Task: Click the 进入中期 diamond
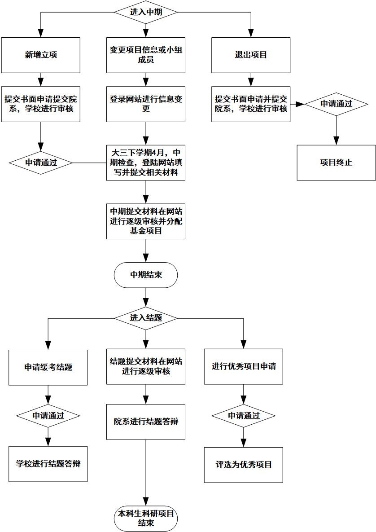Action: (x=146, y=13)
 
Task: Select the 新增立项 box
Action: (x=40, y=55)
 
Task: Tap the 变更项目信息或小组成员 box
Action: (x=146, y=55)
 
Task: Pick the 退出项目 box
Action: (x=251, y=55)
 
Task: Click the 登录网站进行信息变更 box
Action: (x=146, y=104)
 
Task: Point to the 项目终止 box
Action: (x=336, y=163)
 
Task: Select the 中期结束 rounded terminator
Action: (x=146, y=274)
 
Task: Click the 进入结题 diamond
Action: (x=146, y=317)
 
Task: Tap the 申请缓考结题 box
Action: (x=48, y=367)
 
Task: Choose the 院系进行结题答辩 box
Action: (x=146, y=422)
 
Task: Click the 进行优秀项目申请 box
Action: (x=244, y=366)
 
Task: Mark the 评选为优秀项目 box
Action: (x=244, y=465)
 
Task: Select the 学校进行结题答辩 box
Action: (x=48, y=464)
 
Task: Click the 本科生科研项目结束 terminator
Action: (x=146, y=518)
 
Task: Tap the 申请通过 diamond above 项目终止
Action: (x=336, y=104)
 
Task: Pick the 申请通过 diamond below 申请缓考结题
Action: (x=48, y=415)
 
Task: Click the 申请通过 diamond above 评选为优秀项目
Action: (x=244, y=415)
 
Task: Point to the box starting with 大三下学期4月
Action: (x=146, y=162)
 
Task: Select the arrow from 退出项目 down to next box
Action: (x=251, y=79)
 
